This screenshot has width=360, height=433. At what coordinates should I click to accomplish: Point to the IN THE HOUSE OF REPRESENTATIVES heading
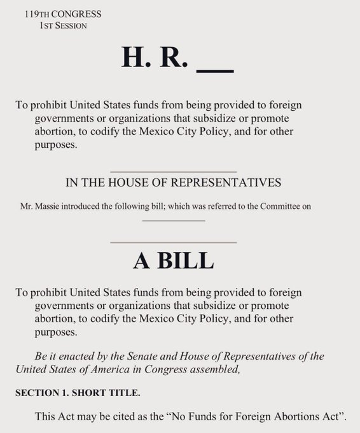coord(173,183)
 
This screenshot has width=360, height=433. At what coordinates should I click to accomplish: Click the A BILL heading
coord(173,261)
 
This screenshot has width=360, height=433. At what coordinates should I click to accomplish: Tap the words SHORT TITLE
coord(97,394)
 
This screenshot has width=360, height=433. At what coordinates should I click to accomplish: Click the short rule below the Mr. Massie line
coord(173,220)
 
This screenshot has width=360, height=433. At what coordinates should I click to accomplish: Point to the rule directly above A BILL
coord(173,242)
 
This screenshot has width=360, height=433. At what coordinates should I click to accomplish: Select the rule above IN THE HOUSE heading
coord(173,172)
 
